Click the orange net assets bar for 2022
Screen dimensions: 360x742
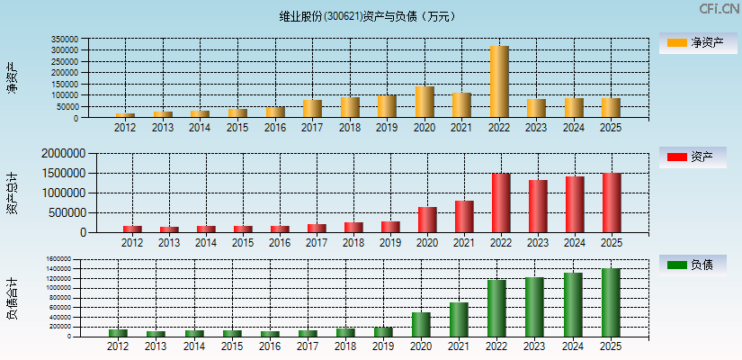499,82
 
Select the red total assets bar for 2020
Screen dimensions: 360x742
427,220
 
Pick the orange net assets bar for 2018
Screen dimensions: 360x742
350,107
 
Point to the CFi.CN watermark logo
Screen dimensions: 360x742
719,9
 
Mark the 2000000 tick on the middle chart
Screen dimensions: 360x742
62,154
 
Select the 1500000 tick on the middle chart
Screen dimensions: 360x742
62,173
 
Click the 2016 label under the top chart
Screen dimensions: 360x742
275,128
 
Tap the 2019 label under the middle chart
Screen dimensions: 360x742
389,243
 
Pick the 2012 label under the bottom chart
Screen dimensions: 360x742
118,346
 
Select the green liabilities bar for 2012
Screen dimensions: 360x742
118,332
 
